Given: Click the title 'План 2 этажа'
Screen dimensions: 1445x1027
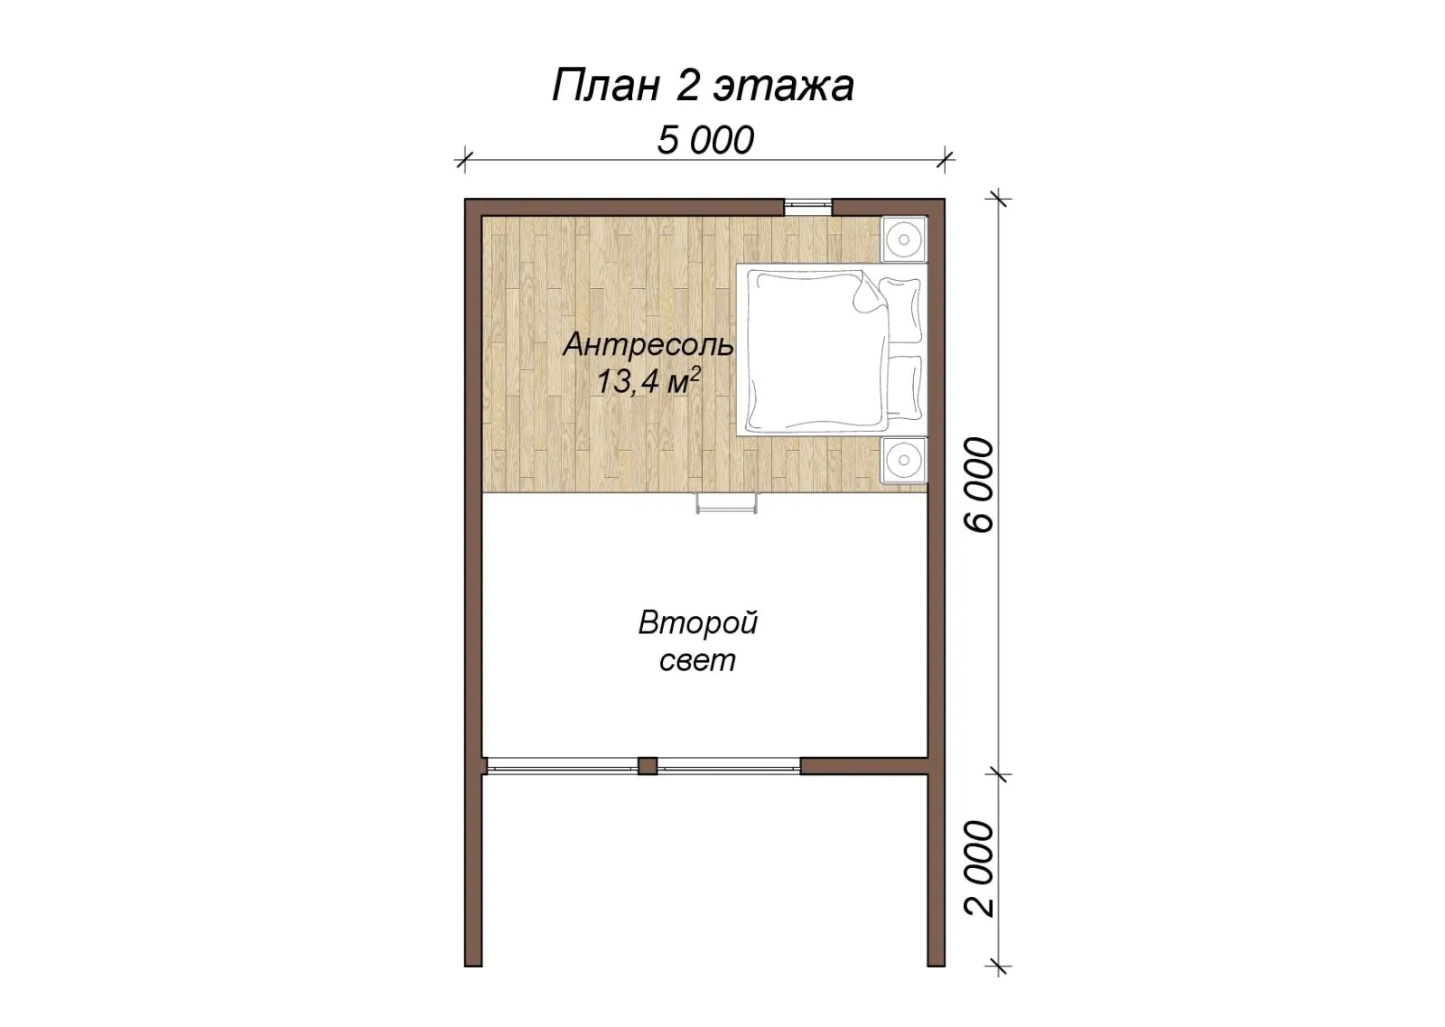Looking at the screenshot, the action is point(704,85).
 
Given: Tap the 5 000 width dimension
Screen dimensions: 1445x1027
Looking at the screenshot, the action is point(705,140).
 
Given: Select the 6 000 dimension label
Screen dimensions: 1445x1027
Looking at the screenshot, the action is point(979,484).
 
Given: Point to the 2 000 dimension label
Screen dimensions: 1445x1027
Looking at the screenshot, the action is point(979,868).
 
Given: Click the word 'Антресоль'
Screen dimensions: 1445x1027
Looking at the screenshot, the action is point(648,345).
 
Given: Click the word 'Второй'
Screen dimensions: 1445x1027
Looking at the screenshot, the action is point(698,624).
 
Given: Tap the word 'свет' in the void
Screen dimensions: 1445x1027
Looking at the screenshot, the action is point(697,660).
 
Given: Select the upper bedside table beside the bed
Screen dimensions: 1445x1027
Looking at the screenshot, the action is point(904,239).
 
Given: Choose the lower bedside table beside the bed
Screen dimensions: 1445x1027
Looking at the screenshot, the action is point(904,460).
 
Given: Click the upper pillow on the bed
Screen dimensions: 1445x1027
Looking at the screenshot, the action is point(901,311).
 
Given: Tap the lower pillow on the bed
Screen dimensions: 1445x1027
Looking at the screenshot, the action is point(902,387).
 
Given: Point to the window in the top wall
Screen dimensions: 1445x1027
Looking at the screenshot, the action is point(807,207).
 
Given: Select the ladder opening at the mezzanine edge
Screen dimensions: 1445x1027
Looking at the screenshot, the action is point(726,503).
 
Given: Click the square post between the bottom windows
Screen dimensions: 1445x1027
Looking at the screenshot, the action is point(648,766).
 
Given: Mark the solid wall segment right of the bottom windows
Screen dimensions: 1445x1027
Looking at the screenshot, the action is point(864,766).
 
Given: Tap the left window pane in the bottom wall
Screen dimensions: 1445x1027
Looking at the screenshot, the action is point(562,766).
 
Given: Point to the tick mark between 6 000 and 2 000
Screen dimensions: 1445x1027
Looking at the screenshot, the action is point(999,774).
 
